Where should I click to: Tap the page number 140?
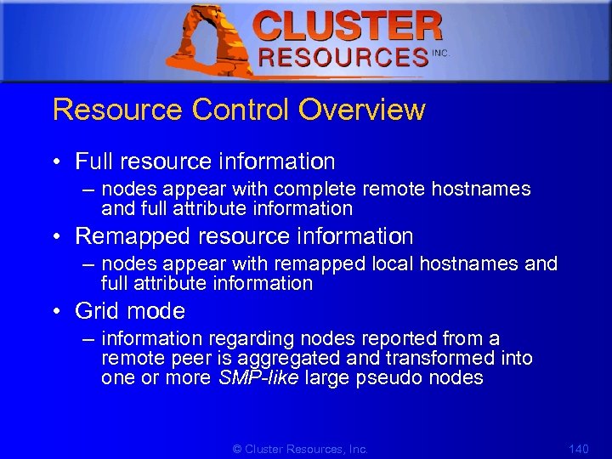click(x=577, y=449)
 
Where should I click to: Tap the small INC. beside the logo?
click(x=440, y=53)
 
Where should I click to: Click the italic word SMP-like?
click(x=258, y=378)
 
